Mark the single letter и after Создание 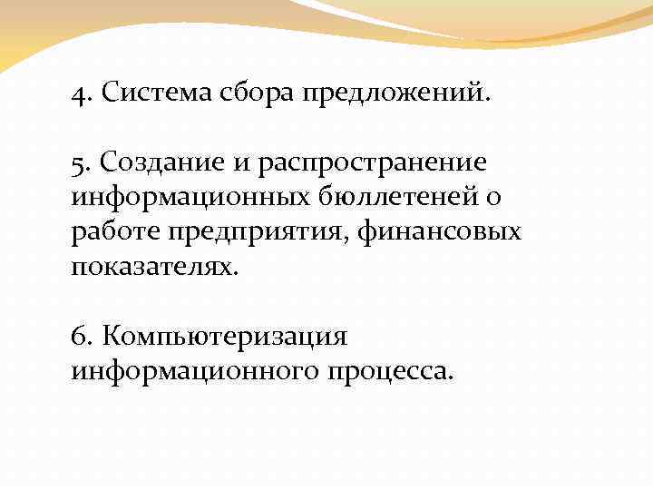point(244,163)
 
